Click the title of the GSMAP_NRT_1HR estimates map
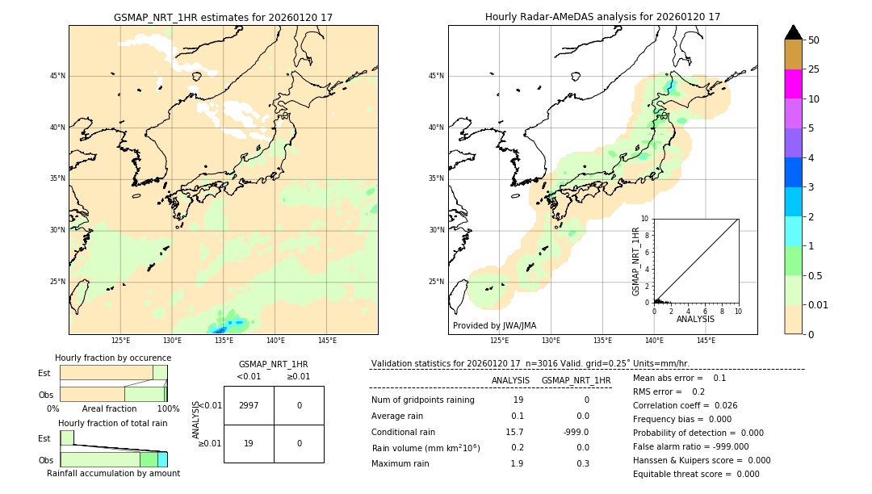[x=223, y=17]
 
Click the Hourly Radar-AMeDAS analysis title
[x=602, y=17]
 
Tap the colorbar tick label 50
[x=814, y=40]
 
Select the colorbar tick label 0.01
[x=819, y=304]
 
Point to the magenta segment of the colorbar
[x=794, y=84]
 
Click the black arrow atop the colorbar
[x=794, y=32]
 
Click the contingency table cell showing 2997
[x=249, y=405]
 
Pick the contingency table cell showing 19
[x=249, y=443]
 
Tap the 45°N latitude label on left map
[x=57, y=76]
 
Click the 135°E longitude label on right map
[x=602, y=341]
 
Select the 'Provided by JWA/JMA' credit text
[x=494, y=326]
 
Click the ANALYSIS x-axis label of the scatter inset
[x=695, y=320]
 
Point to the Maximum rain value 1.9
[x=517, y=463]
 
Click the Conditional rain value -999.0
[x=576, y=432]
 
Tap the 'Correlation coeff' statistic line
[x=685, y=405]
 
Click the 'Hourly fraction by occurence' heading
[x=113, y=358]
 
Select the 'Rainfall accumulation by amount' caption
[x=113, y=473]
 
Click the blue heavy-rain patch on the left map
[x=218, y=329]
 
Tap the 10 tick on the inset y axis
[x=645, y=219]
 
